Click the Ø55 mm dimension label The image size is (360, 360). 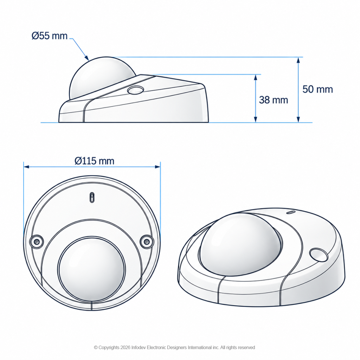click(50, 36)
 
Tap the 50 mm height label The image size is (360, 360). click(317, 89)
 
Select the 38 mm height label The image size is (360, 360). click(274, 100)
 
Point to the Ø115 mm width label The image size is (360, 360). click(94, 161)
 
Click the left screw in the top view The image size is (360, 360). click(37, 242)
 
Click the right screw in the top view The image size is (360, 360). click(147, 241)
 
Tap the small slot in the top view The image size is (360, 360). click(92, 197)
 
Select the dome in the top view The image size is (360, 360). click(92, 269)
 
